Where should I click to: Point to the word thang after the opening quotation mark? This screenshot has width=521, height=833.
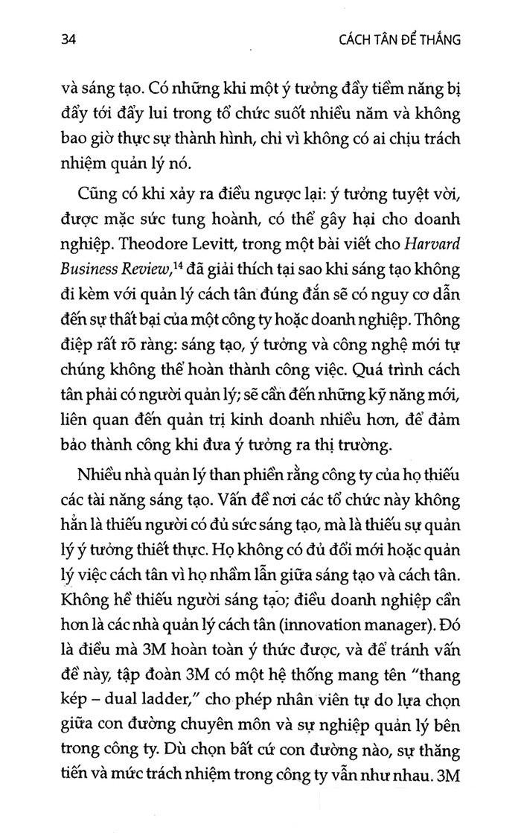pos(435,672)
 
